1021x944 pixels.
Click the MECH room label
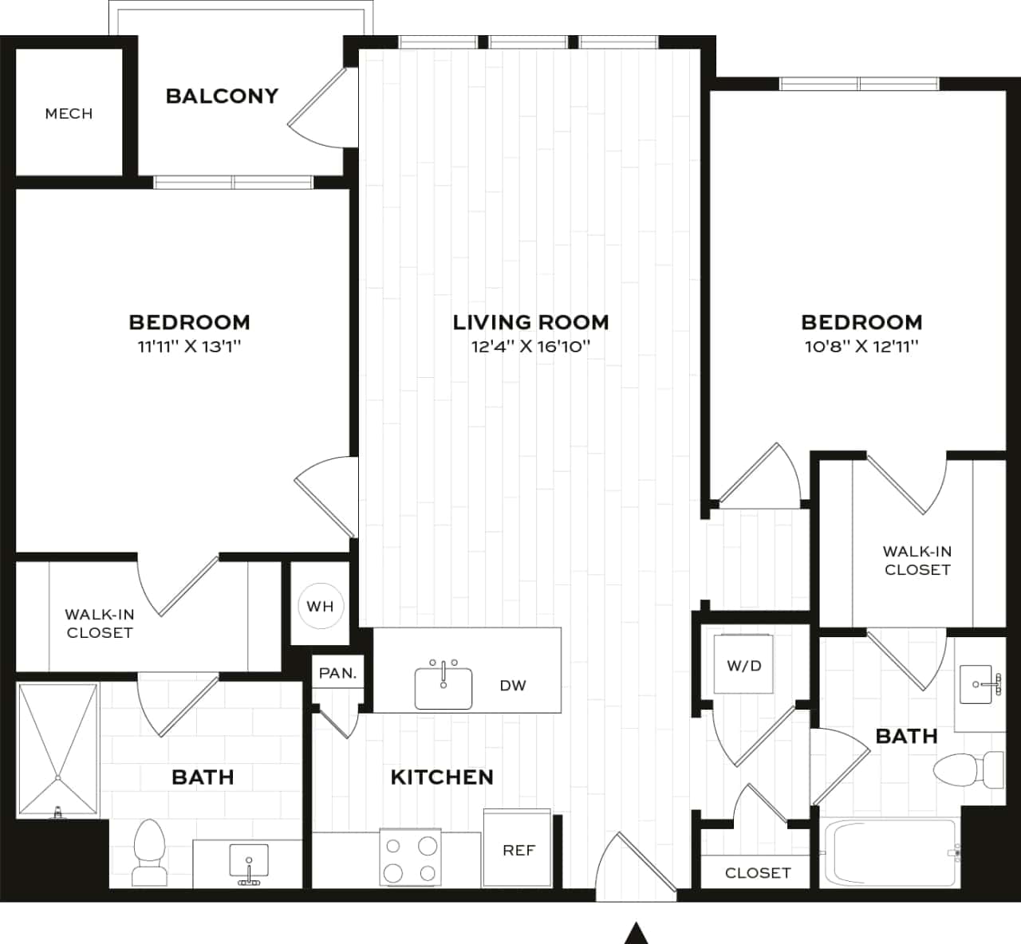[69, 114]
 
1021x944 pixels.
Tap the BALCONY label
[222, 96]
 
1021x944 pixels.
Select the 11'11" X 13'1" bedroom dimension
[189, 347]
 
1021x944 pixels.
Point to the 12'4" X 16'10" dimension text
[530, 347]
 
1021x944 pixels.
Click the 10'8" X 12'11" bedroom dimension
[861, 347]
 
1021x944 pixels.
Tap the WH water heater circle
[320, 606]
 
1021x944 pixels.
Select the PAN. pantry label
[337, 673]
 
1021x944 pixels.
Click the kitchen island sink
[443, 687]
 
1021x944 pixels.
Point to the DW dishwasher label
[513, 686]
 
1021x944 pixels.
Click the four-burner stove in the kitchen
[410, 858]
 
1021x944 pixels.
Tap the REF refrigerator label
[518, 851]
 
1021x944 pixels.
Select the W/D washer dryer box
[743, 665]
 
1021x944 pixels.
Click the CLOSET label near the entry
[757, 873]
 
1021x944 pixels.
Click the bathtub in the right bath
[889, 853]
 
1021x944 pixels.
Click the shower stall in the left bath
[57, 749]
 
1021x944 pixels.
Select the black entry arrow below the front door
[636, 934]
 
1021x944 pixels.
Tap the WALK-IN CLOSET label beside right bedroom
[917, 560]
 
